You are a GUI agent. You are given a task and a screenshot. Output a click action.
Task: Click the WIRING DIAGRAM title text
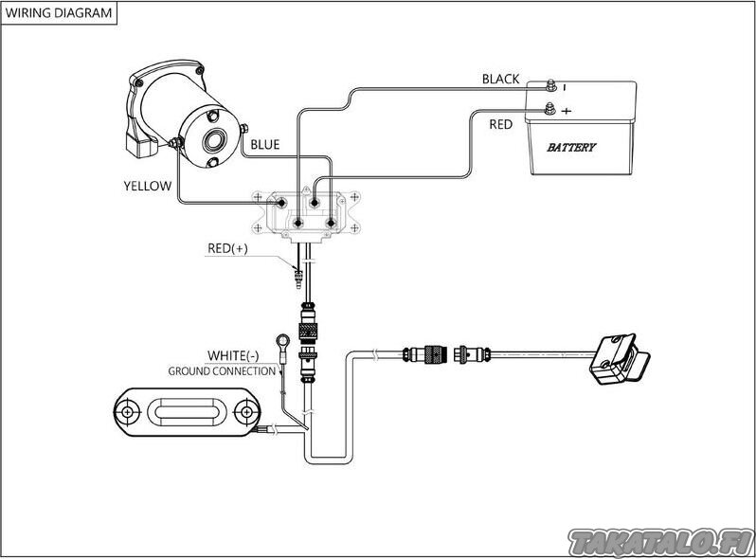coord(59,13)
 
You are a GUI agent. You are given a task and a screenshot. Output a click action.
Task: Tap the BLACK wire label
coord(500,79)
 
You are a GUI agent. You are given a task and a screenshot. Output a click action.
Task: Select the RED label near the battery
coord(501,124)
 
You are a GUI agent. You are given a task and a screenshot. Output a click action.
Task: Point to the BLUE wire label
coord(265,145)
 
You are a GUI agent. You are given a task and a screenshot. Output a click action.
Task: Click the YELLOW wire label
coord(147,186)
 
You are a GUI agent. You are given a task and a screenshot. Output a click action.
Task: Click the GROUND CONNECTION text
coord(222,370)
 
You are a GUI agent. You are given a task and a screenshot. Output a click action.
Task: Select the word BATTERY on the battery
coord(571,147)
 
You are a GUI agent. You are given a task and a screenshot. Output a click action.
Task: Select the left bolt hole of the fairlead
coord(126,413)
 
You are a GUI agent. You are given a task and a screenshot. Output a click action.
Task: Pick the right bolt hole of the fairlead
coord(245,413)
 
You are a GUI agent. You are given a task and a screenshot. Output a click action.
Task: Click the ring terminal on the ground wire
coord(280,338)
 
